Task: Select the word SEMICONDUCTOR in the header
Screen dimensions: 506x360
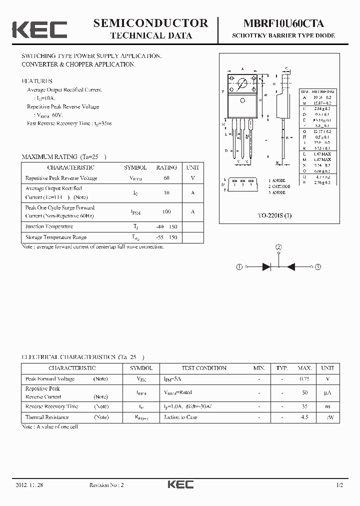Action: click(x=150, y=23)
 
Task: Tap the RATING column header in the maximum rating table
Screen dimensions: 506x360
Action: click(x=166, y=168)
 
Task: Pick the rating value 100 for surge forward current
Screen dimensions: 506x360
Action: click(x=166, y=211)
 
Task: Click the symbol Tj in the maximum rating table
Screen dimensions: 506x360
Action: click(x=135, y=226)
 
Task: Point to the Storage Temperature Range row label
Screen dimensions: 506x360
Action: click(x=56, y=237)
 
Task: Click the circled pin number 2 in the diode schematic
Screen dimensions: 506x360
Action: click(x=278, y=247)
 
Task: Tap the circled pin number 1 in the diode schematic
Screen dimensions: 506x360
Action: click(x=239, y=267)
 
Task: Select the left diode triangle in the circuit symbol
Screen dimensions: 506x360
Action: click(x=266, y=267)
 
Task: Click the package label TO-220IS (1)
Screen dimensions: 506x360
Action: click(x=274, y=215)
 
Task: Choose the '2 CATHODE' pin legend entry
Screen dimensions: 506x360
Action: click(x=279, y=186)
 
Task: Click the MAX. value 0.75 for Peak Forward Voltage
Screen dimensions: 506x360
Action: click(x=304, y=379)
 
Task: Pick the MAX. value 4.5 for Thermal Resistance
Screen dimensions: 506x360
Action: click(x=304, y=417)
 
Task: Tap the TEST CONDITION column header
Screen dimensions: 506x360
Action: click(x=204, y=368)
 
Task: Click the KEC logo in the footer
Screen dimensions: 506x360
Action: click(x=180, y=484)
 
